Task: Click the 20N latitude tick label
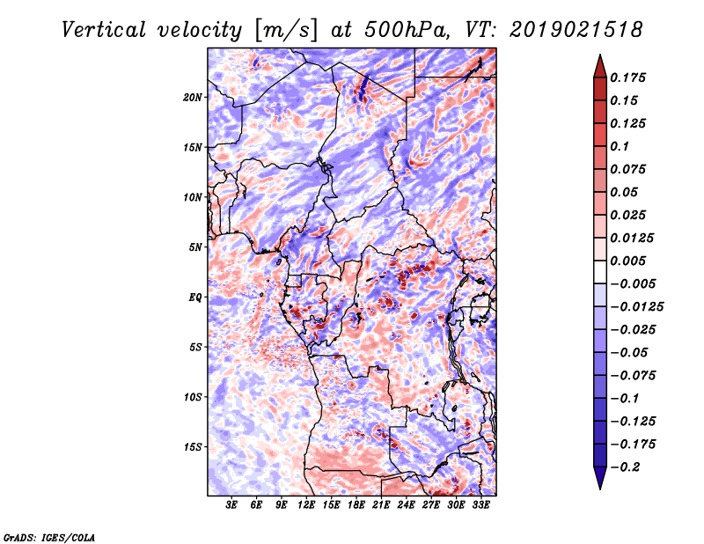pyautogui.click(x=193, y=98)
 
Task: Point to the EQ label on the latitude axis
pyautogui.click(x=195, y=298)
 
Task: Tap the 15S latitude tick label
pyautogui.click(x=193, y=447)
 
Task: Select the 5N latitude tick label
pyautogui.click(x=195, y=247)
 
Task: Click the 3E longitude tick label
pyautogui.click(x=231, y=505)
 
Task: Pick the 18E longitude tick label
pyautogui.click(x=356, y=505)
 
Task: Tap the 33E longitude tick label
pyautogui.click(x=480, y=505)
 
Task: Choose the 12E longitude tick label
pyautogui.click(x=305, y=505)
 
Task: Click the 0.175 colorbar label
pyautogui.click(x=627, y=77)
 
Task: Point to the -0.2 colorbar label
pyautogui.click(x=625, y=467)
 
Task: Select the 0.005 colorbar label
pyautogui.click(x=627, y=261)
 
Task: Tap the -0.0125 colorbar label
pyautogui.click(x=636, y=307)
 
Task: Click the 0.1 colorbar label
pyautogui.click(x=620, y=146)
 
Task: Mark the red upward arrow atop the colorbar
pyautogui.click(x=600, y=66)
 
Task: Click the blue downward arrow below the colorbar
pyautogui.click(x=600, y=478)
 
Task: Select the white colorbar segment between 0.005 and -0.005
pyautogui.click(x=600, y=272)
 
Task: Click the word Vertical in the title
pyautogui.click(x=103, y=30)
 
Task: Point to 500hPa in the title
pyautogui.click(x=407, y=30)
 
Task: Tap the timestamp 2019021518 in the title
pyautogui.click(x=576, y=30)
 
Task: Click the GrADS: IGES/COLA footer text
pyautogui.click(x=49, y=538)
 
